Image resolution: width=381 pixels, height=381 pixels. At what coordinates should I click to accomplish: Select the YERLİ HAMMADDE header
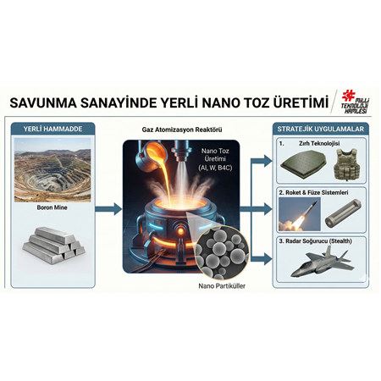coord(52,129)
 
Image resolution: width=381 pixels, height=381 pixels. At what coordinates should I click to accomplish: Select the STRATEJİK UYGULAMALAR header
coord(322,129)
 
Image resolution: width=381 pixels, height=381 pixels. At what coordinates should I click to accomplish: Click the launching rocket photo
coord(299,215)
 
